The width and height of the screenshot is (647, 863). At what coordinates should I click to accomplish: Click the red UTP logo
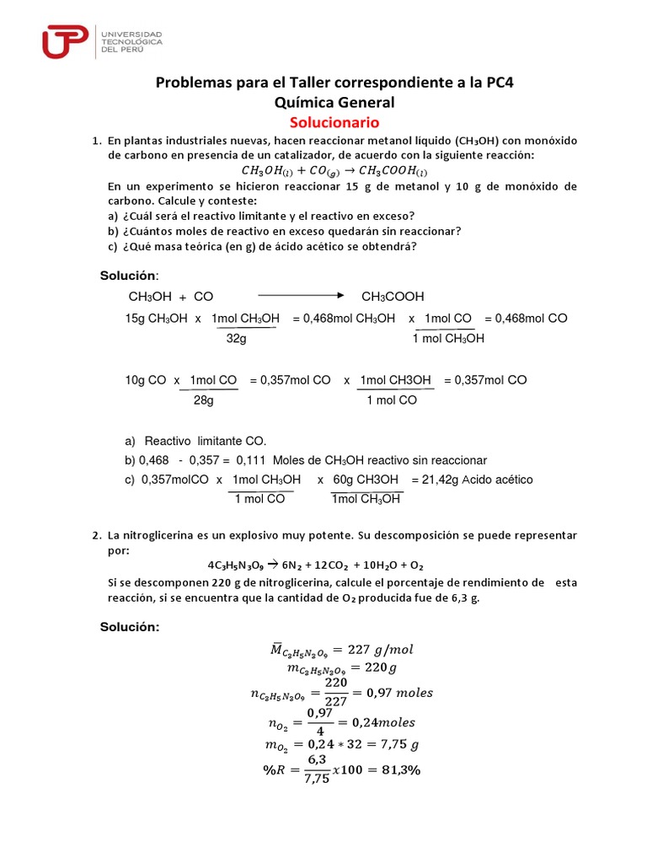67,41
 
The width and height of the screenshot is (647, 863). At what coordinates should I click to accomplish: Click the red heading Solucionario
323,122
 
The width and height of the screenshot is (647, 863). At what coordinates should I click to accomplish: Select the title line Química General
323,102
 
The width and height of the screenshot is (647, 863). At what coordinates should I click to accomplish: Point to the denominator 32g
237,338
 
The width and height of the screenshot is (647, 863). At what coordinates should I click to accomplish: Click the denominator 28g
204,400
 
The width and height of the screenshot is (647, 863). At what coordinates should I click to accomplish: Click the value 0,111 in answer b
253,460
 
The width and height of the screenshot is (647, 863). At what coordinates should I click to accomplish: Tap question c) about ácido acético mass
262,246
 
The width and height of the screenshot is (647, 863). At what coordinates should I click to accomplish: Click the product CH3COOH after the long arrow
393,297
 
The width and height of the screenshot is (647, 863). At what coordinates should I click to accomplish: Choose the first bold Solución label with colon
129,276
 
